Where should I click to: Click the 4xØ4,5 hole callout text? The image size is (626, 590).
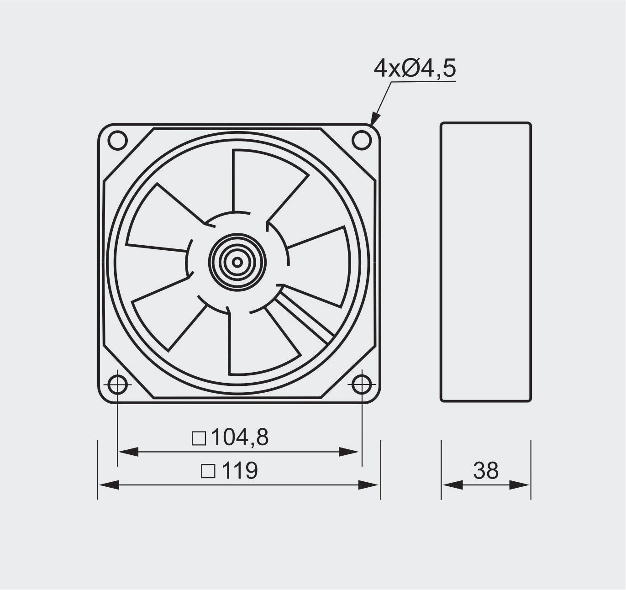(415, 69)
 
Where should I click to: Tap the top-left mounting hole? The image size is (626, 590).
(117, 140)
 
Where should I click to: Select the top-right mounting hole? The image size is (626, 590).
(362, 140)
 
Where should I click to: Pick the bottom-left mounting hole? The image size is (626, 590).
(117, 385)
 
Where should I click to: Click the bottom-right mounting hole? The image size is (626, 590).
(362, 385)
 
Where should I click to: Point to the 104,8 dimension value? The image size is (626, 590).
(240, 437)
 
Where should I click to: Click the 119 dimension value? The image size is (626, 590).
(240, 470)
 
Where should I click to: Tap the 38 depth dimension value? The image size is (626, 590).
(486, 470)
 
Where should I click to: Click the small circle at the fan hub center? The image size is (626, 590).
(237, 262)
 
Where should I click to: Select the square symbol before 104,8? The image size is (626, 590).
(199, 438)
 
